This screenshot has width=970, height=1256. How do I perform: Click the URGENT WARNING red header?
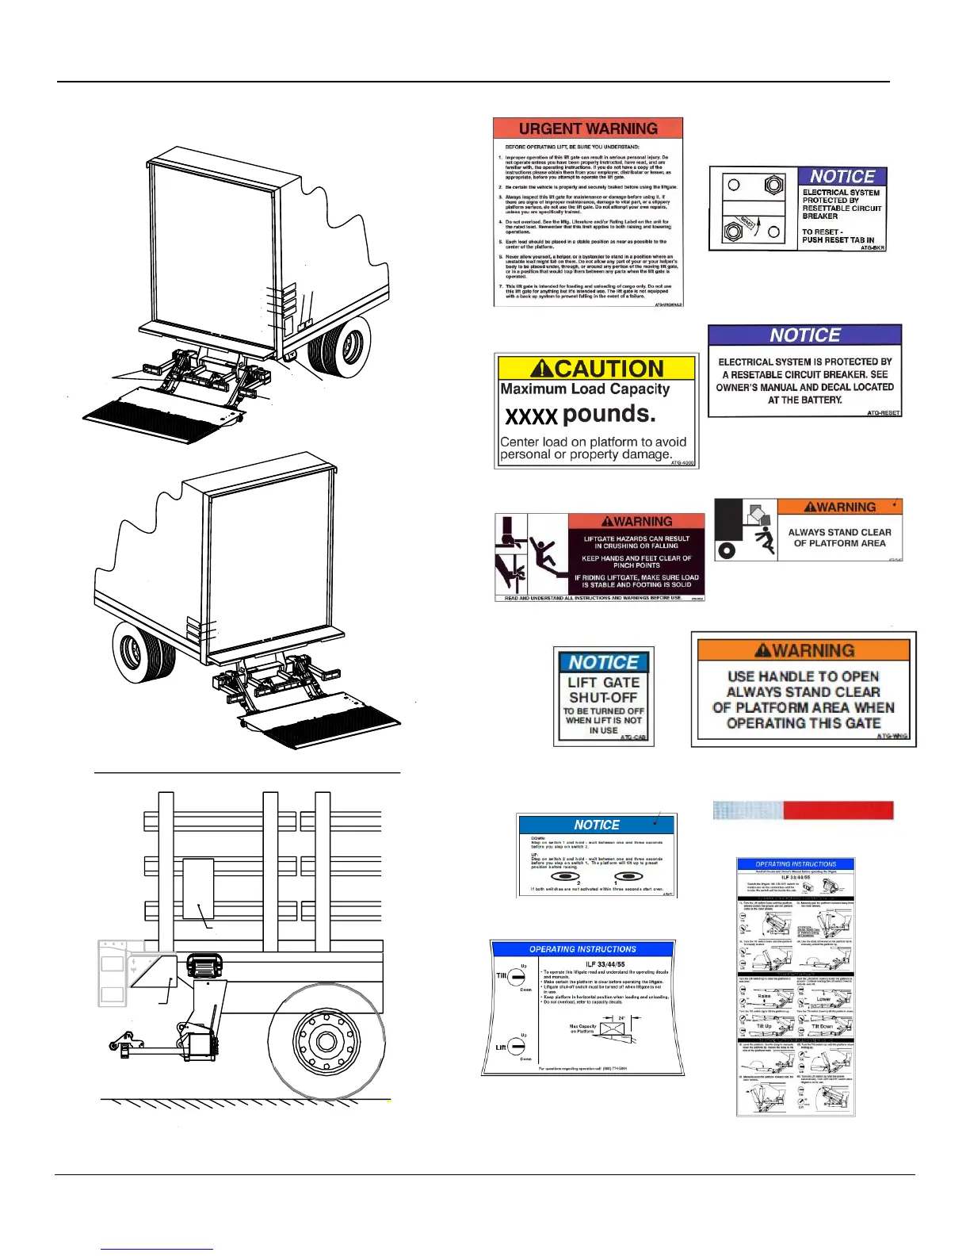588,128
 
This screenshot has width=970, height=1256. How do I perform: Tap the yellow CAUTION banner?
596,369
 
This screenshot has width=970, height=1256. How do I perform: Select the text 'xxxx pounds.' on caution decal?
580,415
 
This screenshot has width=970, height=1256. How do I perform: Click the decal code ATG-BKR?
873,248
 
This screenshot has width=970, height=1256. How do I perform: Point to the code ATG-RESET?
883,413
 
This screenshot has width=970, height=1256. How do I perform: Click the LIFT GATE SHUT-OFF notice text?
603,690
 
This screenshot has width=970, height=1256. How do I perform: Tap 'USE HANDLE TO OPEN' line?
803,676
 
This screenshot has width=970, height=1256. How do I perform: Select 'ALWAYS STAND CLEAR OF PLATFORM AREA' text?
840,538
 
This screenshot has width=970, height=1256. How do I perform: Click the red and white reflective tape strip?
803,810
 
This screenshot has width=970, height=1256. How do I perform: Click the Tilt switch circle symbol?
515,978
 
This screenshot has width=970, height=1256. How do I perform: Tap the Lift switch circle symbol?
516,1048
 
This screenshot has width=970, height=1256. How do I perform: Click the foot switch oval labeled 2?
565,877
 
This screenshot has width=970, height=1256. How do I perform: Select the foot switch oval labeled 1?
628,877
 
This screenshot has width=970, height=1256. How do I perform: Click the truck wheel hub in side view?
327,1041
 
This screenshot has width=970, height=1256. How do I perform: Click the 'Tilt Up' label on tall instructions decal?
763,1026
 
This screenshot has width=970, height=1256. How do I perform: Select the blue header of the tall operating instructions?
796,864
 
